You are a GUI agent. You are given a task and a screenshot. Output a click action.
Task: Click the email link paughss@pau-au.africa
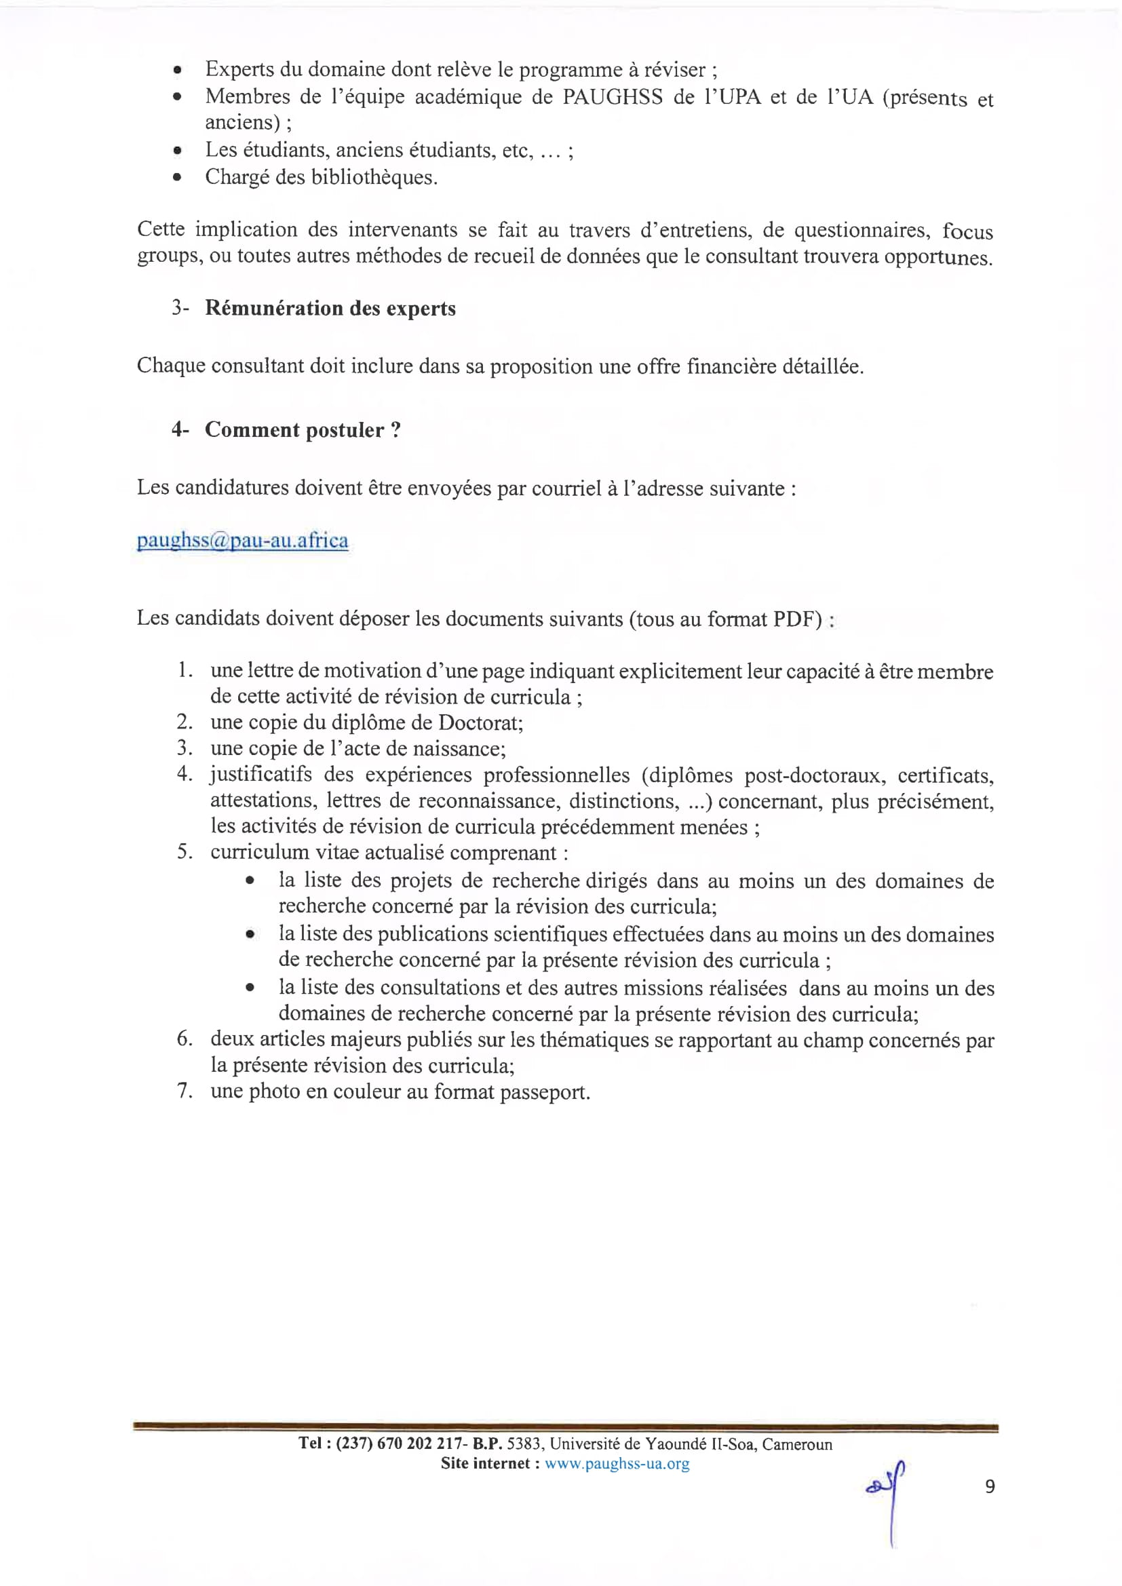pyautogui.click(x=241, y=540)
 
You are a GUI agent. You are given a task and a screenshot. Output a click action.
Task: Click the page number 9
pyautogui.click(x=989, y=1486)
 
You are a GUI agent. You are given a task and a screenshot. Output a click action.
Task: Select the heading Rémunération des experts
pyautogui.click(x=330, y=308)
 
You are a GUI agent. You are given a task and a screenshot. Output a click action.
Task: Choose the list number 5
pyautogui.click(x=184, y=852)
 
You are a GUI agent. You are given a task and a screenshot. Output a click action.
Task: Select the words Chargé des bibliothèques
pyautogui.click(x=322, y=178)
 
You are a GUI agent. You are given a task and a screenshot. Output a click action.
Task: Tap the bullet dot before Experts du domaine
pyautogui.click(x=178, y=71)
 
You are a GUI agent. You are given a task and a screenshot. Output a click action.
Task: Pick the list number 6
pyautogui.click(x=184, y=1039)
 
